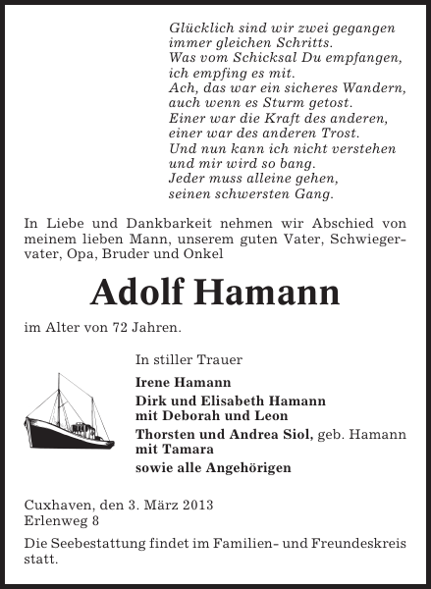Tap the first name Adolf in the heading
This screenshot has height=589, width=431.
(x=139, y=292)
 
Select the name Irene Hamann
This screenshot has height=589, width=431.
(x=170, y=382)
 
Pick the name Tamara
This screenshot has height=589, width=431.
(x=191, y=450)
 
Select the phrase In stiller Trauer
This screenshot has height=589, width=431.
(x=189, y=359)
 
